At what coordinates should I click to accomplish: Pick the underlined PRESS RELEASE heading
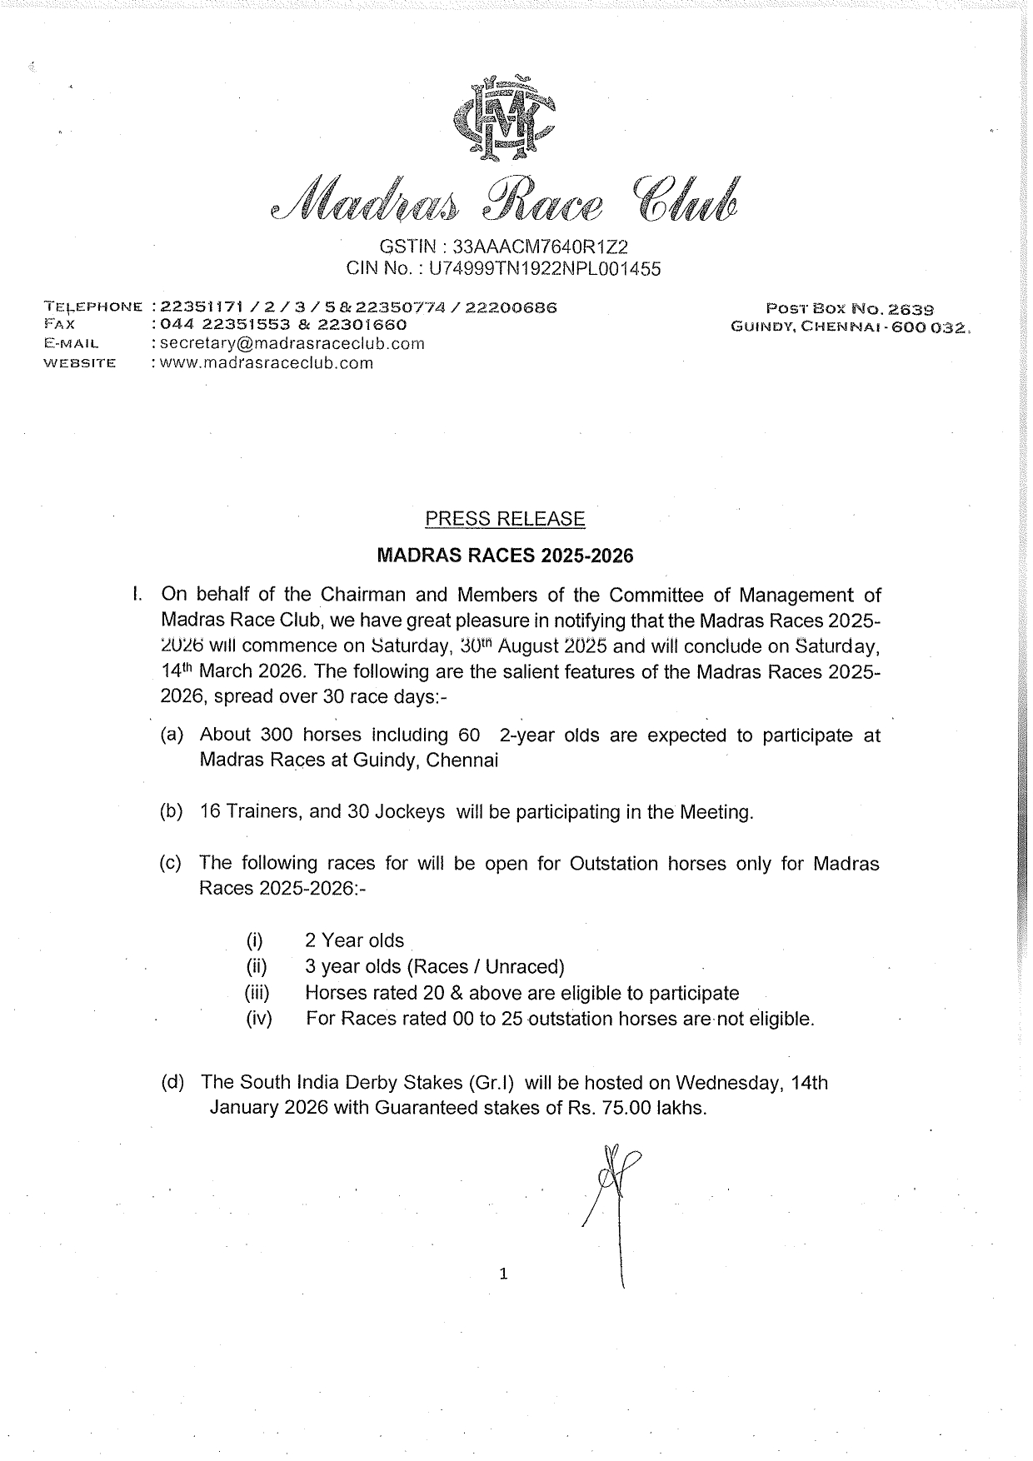(x=505, y=519)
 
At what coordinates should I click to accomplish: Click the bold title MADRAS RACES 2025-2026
(x=506, y=556)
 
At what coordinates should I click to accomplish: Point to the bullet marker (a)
(x=172, y=735)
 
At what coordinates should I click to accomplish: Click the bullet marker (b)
(x=172, y=811)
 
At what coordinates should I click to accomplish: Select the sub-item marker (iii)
(x=258, y=993)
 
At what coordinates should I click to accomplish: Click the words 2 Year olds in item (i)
(x=354, y=940)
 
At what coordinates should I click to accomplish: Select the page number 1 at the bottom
(x=503, y=1273)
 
